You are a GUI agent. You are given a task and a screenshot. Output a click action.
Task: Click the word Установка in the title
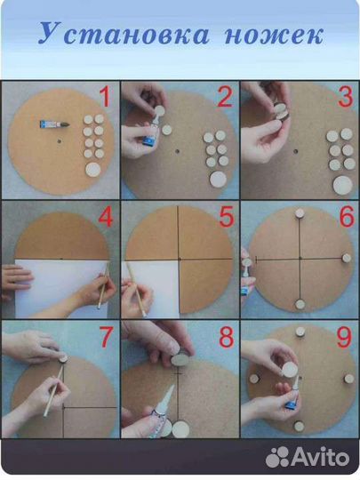(x=124, y=33)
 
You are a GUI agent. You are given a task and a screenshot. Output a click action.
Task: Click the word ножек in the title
(x=274, y=36)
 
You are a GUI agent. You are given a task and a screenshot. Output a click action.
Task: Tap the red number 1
(x=105, y=96)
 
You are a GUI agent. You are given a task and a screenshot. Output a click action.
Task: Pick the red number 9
(x=345, y=338)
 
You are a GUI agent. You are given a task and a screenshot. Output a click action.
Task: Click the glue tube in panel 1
(x=54, y=124)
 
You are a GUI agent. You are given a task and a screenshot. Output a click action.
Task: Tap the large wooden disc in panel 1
(x=93, y=170)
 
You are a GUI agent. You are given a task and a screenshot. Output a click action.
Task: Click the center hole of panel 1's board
(x=59, y=141)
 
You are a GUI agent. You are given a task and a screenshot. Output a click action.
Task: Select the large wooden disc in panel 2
(x=218, y=179)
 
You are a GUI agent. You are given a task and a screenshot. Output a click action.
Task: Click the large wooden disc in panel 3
(x=342, y=185)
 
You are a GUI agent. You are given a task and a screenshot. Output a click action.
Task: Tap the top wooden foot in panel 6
(x=300, y=212)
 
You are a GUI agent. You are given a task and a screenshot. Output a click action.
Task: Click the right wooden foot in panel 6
(x=347, y=258)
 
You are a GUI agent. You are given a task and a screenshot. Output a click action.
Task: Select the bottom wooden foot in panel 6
(x=300, y=304)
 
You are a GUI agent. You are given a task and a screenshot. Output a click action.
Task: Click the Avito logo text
(x=321, y=456)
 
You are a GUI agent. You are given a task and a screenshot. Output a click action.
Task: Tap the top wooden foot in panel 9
(x=300, y=332)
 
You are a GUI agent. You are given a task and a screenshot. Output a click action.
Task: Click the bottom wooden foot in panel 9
(x=299, y=426)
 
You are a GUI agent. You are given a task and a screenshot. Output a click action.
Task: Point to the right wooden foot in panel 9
(x=349, y=379)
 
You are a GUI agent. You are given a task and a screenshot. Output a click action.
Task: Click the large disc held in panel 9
(x=290, y=369)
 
